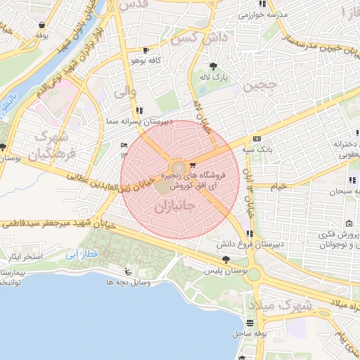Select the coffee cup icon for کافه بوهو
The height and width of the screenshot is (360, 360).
pyautogui.click(x=146, y=51)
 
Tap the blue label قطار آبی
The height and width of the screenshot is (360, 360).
pyautogui.click(x=79, y=256)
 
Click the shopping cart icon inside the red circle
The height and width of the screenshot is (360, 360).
pyautogui.click(x=193, y=165)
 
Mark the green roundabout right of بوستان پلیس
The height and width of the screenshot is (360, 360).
pyautogui.click(x=253, y=274)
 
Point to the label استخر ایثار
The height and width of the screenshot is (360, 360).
pyautogui.click(x=25, y=257)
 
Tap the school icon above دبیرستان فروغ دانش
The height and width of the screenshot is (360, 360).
pyautogui.click(x=250, y=234)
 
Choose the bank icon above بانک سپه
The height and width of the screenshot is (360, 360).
pyautogui.click(x=257, y=139)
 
